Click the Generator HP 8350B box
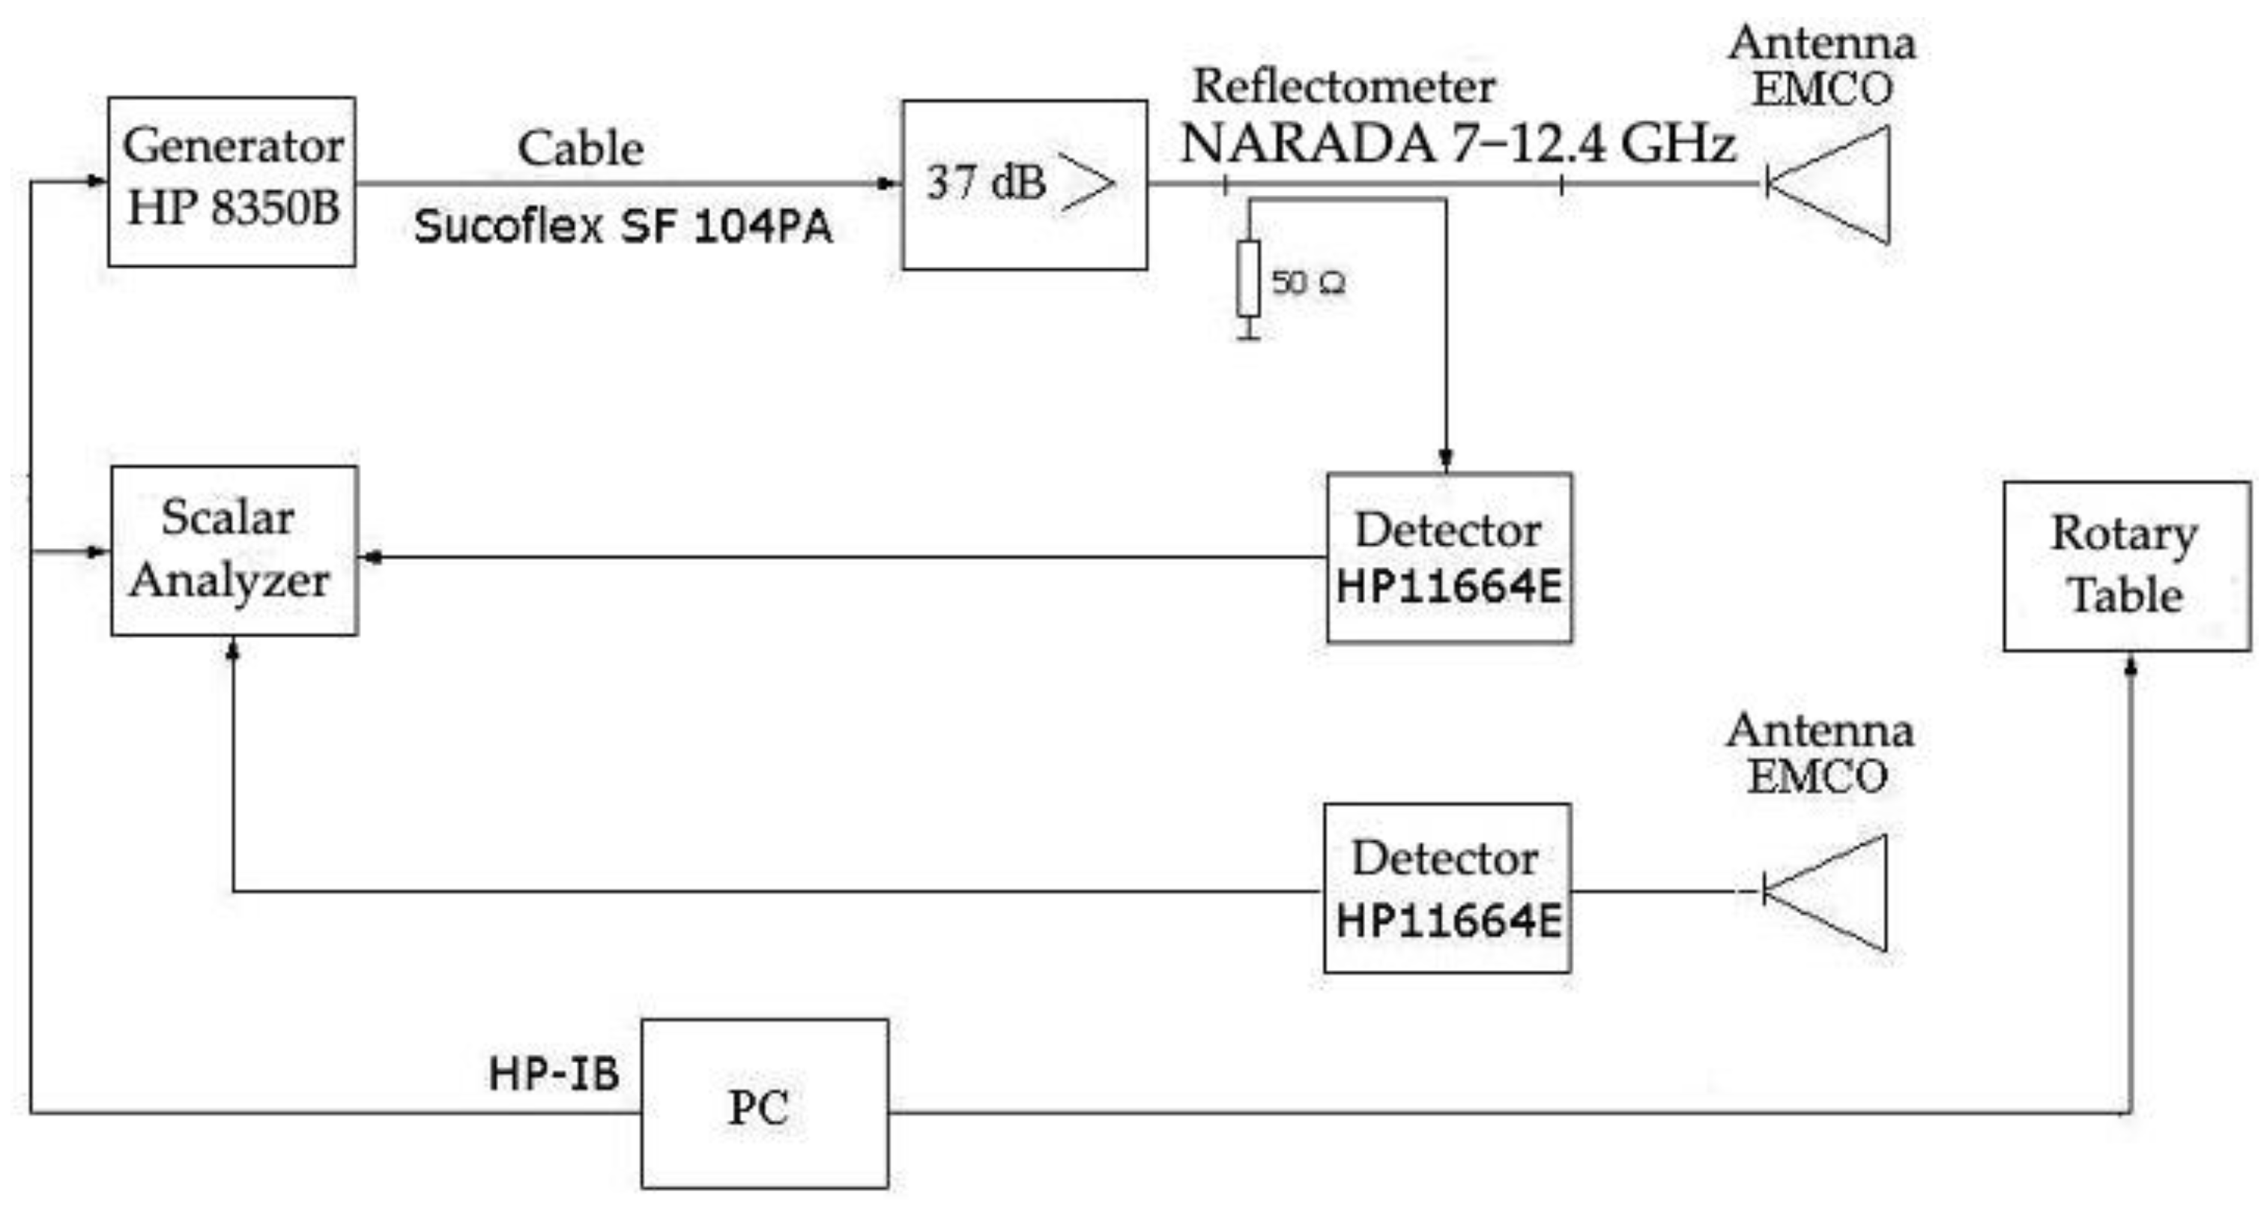point(231,181)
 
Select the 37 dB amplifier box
point(1024,184)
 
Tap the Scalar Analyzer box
point(234,550)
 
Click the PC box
point(764,1103)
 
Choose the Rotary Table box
point(2126,566)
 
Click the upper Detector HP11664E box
point(1449,557)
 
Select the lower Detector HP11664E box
point(1447,888)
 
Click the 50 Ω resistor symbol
point(1248,278)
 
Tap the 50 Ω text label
point(1308,283)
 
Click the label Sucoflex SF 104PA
point(623,227)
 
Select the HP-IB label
point(554,1074)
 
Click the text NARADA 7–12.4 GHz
point(1457,143)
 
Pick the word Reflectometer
point(1343,86)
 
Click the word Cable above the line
point(580,148)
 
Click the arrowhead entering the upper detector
point(1445,460)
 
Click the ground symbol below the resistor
point(1248,332)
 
